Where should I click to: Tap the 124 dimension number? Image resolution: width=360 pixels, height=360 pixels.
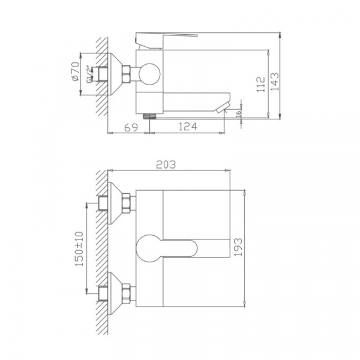187,127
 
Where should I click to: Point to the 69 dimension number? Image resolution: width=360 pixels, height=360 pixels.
131,127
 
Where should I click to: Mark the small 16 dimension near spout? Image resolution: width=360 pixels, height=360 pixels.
238,113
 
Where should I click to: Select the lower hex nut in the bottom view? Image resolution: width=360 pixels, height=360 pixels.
127,293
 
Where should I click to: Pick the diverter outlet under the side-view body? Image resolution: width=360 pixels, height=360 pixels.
149,114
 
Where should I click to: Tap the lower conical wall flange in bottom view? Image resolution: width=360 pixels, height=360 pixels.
114,293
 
